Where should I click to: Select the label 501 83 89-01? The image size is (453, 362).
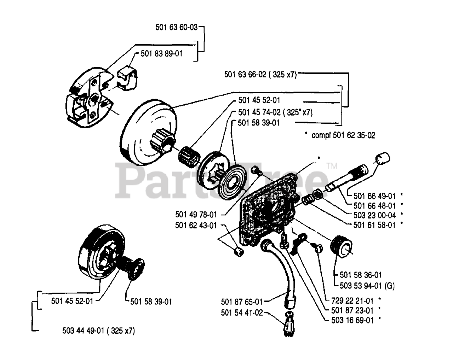162,54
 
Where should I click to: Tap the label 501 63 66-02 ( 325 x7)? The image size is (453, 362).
260,75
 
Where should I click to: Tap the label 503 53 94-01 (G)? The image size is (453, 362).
362,285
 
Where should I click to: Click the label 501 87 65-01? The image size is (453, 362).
242,302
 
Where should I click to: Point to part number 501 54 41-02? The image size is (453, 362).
242,313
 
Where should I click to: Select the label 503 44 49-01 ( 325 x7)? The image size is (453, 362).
98,331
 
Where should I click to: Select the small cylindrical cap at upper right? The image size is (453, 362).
382,158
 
